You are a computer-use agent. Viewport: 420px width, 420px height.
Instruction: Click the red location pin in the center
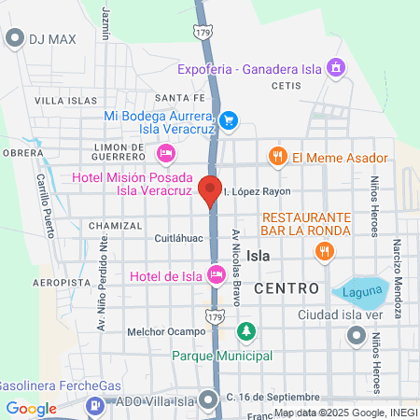pos(210,189)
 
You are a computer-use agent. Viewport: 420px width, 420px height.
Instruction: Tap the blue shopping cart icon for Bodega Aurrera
pos(230,120)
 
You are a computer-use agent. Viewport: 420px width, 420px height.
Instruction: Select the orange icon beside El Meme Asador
pos(277,157)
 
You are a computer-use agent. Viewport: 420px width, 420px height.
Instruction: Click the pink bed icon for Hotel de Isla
pos(216,274)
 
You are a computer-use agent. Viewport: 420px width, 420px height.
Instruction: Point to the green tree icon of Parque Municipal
pos(246,331)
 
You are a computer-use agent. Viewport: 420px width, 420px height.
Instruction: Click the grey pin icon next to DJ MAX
pos(14,38)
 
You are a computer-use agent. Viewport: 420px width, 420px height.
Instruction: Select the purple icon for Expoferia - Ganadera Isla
pos(337,66)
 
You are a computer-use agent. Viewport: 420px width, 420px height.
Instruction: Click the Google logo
pos(31,408)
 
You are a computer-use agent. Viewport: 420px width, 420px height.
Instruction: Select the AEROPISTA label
pos(61,281)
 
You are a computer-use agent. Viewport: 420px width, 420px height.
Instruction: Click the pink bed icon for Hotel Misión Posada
pos(166,153)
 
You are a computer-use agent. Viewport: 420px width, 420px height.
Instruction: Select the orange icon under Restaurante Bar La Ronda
pos(324,250)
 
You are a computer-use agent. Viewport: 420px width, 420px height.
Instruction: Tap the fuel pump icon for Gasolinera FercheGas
pos(95,407)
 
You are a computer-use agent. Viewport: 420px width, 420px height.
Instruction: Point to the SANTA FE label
pos(178,97)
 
